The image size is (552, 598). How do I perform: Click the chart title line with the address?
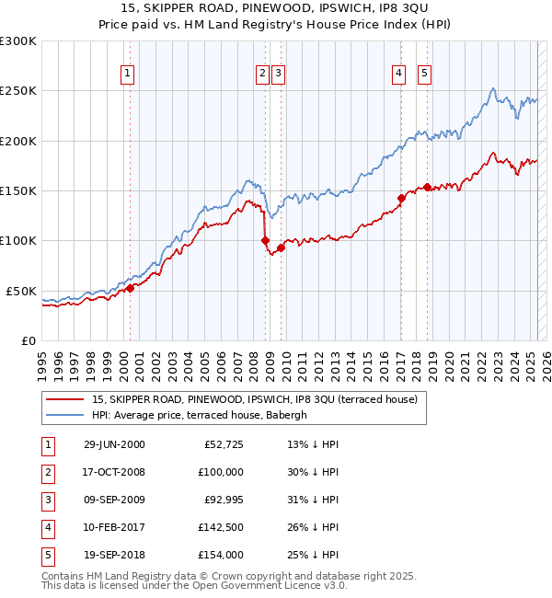[x=275, y=8]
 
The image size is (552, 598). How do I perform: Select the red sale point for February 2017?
[x=401, y=198]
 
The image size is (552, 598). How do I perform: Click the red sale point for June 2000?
[x=130, y=287]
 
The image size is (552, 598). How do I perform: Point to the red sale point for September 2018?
[x=428, y=187]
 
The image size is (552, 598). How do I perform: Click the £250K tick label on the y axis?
[x=17, y=91]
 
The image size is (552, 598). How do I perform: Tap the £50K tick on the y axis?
[x=21, y=291]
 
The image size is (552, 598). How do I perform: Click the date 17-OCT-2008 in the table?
[x=114, y=471]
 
